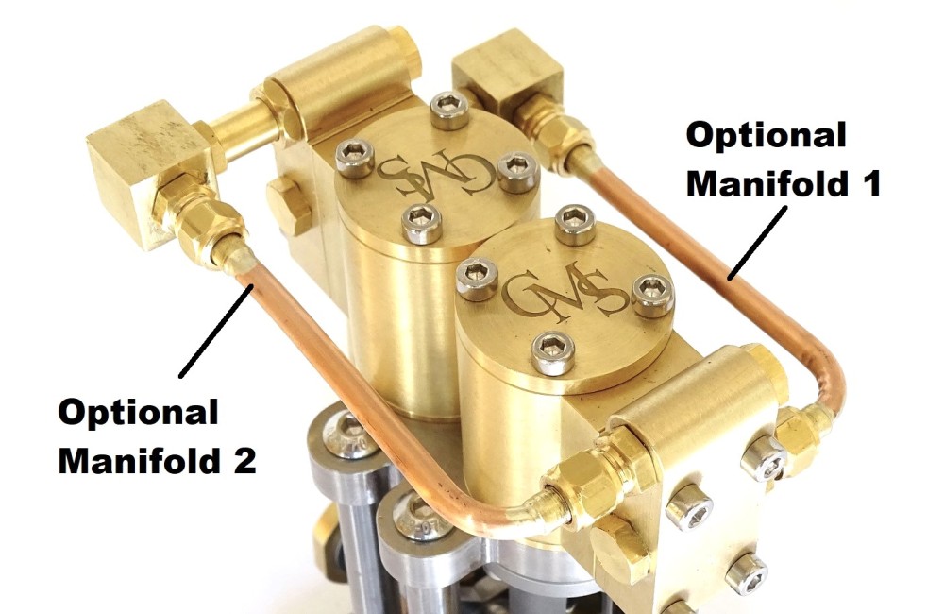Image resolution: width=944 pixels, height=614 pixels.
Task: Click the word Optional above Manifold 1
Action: click(x=766, y=137)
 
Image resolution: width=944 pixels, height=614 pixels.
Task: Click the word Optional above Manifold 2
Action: click(x=138, y=414)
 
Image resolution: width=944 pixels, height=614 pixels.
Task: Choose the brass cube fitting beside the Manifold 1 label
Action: click(x=508, y=78)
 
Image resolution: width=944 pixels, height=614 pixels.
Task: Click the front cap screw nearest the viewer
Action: click(x=552, y=353)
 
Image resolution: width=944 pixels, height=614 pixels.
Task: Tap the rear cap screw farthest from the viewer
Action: click(x=447, y=110)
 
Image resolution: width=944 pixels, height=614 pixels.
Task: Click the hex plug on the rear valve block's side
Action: click(x=289, y=204)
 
